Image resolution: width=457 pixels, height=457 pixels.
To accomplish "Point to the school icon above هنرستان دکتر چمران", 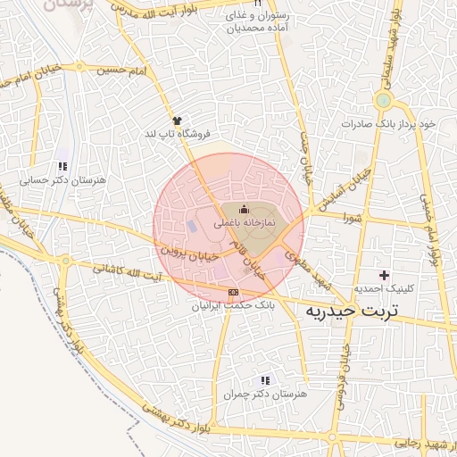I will coord(264,379).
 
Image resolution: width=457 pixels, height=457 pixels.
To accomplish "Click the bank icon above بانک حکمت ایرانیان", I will coord(233,292).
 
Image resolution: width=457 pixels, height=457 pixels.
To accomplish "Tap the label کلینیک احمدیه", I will coord(384,288).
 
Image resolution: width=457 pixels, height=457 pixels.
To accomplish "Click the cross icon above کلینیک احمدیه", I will coord(385,274).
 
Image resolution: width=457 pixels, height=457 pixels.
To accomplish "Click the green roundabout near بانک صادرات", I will coord(385,99).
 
